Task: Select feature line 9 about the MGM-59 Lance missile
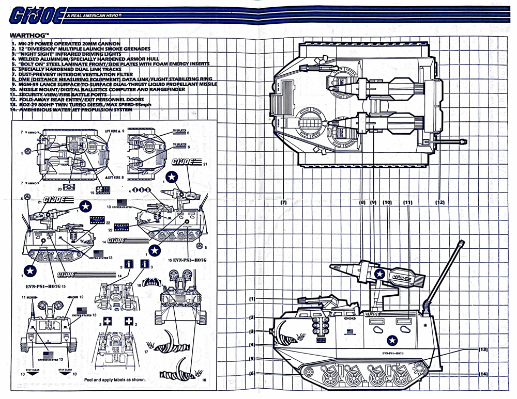(114, 84)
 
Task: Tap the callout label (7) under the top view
(283, 202)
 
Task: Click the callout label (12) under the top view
(440, 202)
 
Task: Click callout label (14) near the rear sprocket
(483, 374)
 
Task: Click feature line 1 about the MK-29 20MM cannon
(67, 44)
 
